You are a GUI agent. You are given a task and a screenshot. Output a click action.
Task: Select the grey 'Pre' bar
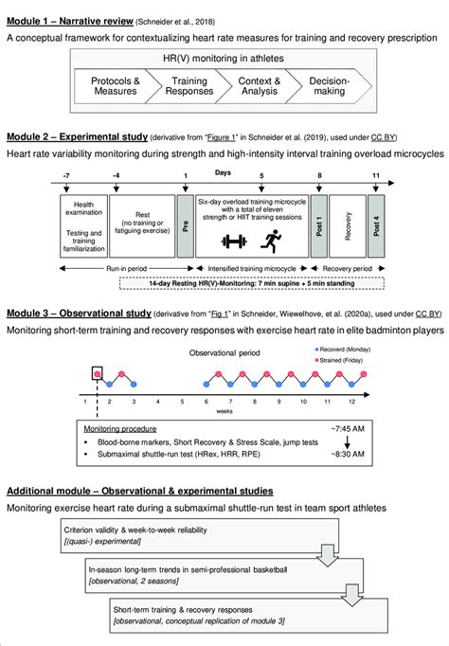tap(185, 228)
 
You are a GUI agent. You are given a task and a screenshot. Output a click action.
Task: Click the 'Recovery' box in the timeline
tap(349, 228)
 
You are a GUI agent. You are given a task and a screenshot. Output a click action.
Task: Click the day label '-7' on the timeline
tap(63, 176)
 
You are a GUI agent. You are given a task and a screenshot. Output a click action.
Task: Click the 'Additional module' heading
tap(139, 491)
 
